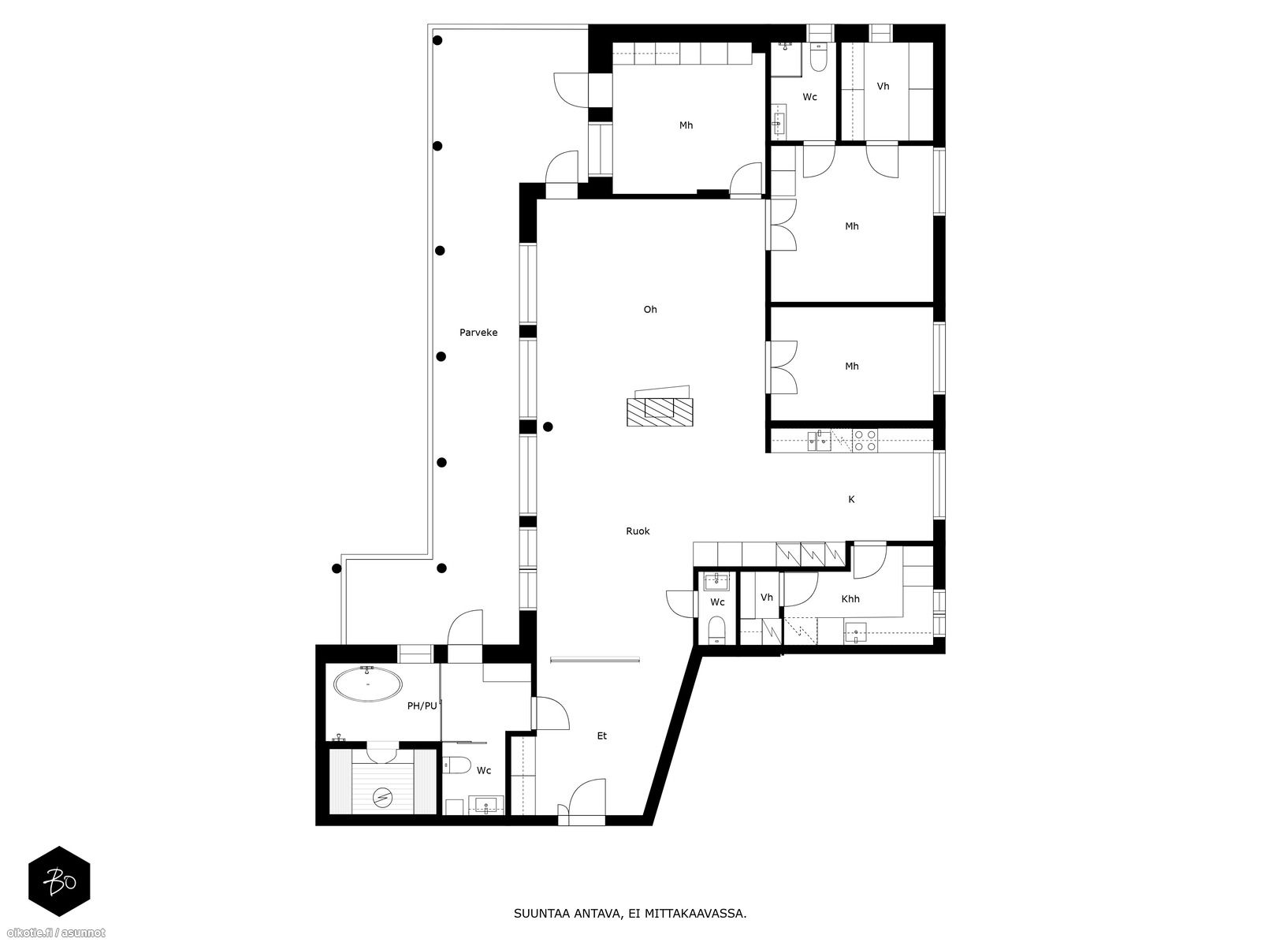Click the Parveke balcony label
pyautogui.click(x=478, y=333)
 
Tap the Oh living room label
pyautogui.click(x=649, y=310)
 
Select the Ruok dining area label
pyautogui.click(x=638, y=531)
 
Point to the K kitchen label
pyautogui.click(x=851, y=500)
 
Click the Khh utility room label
pyautogui.click(x=850, y=599)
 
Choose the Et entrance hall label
pyautogui.click(x=601, y=736)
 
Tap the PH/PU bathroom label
pyautogui.click(x=422, y=706)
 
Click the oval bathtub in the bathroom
pyautogui.click(x=368, y=684)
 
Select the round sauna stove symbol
pyautogui.click(x=382, y=797)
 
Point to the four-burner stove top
pyautogui.click(x=865, y=441)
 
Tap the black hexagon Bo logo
pyautogui.click(x=59, y=881)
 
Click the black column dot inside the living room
pyautogui.click(x=548, y=426)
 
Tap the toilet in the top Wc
pyautogui.click(x=818, y=58)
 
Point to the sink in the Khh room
pyautogui.click(x=856, y=634)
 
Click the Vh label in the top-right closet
pyautogui.click(x=883, y=87)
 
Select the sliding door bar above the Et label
pyautogui.click(x=594, y=659)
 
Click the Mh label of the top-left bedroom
pyautogui.click(x=686, y=125)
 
